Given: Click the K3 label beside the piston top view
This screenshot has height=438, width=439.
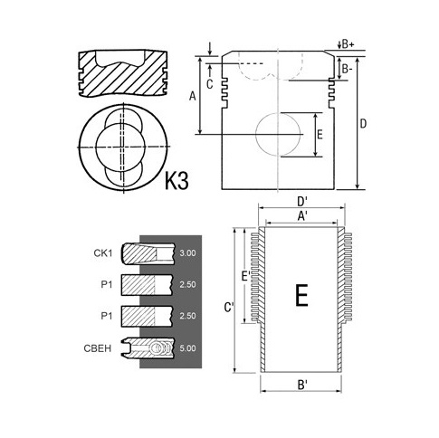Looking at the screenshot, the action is click(177, 181).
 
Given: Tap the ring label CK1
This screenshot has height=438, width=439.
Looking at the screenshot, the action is click(103, 253).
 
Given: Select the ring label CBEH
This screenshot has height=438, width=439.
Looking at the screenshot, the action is click(98, 348).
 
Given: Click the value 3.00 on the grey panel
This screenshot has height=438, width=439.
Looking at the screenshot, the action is click(187, 253).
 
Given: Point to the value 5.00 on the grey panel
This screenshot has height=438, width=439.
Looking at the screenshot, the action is click(187, 348).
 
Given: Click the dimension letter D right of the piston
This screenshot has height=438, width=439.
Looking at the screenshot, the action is click(363, 124).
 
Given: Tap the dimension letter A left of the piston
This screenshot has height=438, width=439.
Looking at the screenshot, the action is click(193, 97).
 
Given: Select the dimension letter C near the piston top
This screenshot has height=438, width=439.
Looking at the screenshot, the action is click(210, 84).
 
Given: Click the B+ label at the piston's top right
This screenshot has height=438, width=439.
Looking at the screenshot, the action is click(348, 44).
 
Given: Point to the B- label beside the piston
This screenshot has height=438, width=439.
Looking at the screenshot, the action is click(347, 70).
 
